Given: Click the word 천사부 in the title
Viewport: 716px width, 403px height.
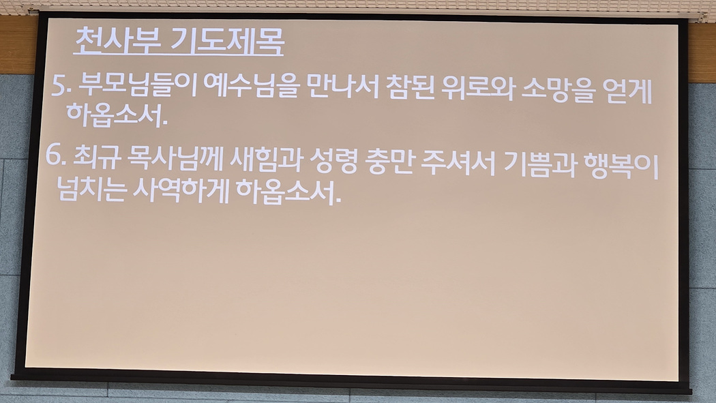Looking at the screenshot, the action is (118, 41).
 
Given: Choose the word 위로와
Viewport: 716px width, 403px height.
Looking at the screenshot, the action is (477, 89).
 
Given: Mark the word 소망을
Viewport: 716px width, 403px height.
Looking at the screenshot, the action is (558, 90).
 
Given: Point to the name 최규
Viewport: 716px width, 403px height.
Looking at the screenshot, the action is (96, 158).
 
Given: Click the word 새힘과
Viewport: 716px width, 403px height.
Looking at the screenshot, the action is (266, 161).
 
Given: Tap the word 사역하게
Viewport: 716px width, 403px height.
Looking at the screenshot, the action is (181, 191).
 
